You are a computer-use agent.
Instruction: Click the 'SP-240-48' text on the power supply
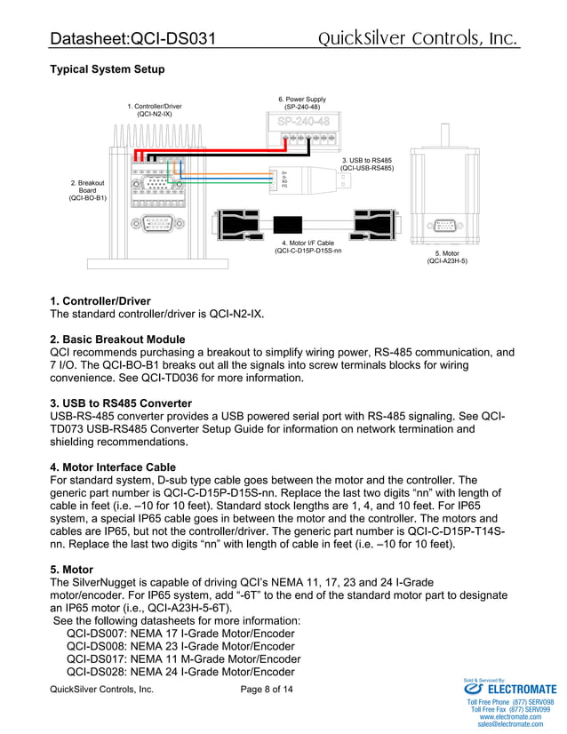point(303,121)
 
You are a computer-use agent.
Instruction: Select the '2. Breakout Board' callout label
point(87,190)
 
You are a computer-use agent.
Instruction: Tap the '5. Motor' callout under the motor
point(446,257)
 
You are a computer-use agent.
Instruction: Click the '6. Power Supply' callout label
point(302,103)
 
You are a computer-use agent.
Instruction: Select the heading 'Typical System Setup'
point(107,69)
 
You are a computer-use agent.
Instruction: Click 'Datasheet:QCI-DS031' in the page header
point(132,39)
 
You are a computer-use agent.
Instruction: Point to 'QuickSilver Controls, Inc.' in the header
point(418,38)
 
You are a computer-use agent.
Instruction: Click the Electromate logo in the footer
point(511,689)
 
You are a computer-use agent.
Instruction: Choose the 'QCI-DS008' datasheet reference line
point(180,646)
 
